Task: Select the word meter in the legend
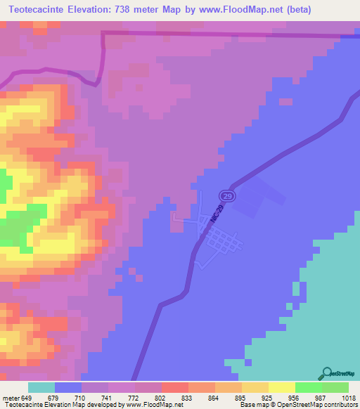(x=11, y=397)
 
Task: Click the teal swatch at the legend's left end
(x=41, y=387)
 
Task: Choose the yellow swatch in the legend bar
(x=281, y=387)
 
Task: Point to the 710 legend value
(x=82, y=397)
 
